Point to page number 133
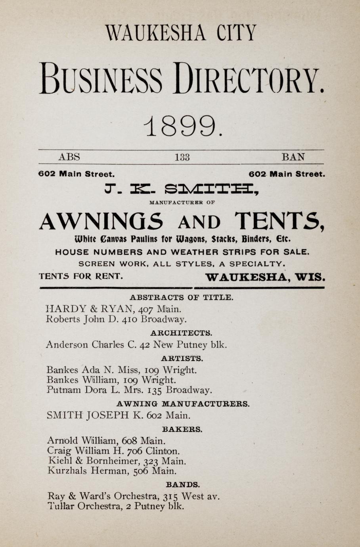(182, 157)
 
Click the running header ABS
(69, 157)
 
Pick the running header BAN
(293, 157)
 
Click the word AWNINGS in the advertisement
(101, 221)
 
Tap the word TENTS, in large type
(280, 221)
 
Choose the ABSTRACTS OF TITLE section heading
(182, 297)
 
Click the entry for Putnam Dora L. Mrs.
(129, 390)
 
